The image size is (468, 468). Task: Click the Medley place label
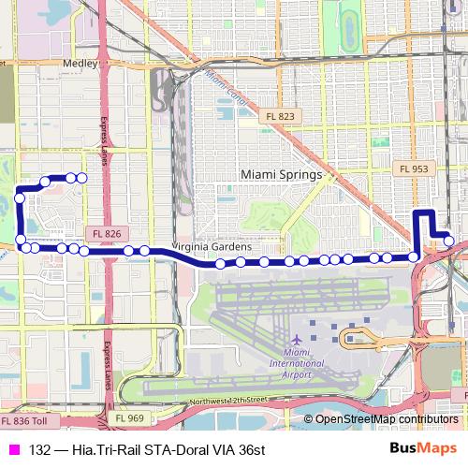pos(80,63)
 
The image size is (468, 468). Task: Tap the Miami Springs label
pos(281,174)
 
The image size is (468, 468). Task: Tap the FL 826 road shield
pos(108,233)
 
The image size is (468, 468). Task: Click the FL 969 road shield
pos(130,418)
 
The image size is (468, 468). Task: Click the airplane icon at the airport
pos(298,337)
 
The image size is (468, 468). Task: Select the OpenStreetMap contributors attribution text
pos(387,419)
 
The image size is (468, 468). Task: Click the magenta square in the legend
pos(14,449)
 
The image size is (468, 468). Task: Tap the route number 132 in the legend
pos(39,449)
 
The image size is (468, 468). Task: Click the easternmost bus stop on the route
pos(449,241)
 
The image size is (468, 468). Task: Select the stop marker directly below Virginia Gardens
pos(220,264)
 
